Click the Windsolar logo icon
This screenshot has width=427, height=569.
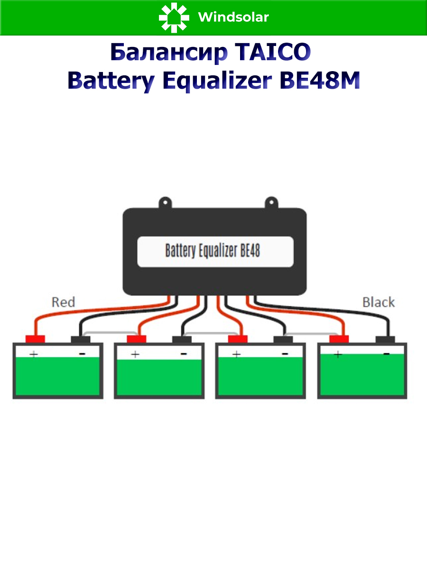click(174, 18)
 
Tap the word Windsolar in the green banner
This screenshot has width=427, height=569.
click(233, 18)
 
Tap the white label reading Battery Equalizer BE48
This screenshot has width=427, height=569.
click(215, 251)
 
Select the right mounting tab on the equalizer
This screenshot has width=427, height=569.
click(270, 202)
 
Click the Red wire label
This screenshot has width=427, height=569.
click(63, 302)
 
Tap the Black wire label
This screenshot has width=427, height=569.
click(378, 302)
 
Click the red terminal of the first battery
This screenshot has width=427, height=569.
click(35, 339)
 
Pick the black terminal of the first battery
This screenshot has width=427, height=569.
click(80, 339)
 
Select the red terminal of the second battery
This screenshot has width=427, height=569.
click(136, 339)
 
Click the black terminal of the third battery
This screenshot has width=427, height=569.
click(283, 339)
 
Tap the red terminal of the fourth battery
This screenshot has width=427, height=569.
click(339, 339)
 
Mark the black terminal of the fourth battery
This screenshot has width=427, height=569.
click(385, 339)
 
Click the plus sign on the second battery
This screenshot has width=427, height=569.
click(135, 354)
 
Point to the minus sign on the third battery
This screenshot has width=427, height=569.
click(285, 354)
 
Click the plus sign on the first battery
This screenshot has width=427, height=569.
click(34, 354)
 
